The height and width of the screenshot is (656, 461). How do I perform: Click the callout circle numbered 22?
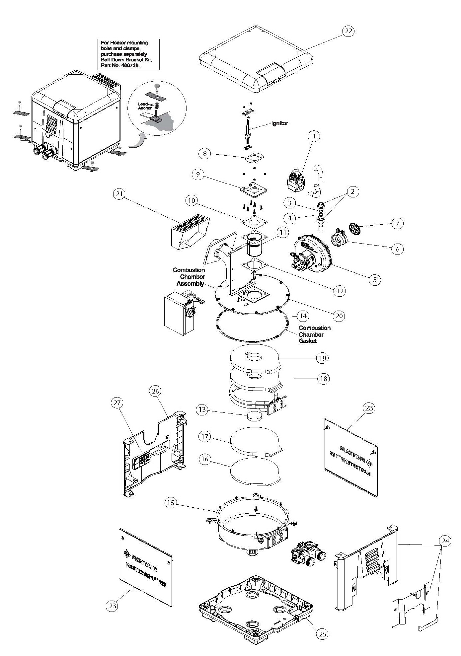pos(348,31)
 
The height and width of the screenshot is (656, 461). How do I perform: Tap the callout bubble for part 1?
pos(314,136)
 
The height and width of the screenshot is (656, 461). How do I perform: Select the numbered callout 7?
pos(398,223)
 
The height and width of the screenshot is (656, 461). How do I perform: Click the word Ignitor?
pos(279,123)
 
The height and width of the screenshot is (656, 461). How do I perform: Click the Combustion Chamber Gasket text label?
pos(314,334)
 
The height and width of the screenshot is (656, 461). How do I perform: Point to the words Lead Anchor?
pos(145,106)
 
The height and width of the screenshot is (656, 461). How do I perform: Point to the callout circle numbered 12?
pos(339,291)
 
